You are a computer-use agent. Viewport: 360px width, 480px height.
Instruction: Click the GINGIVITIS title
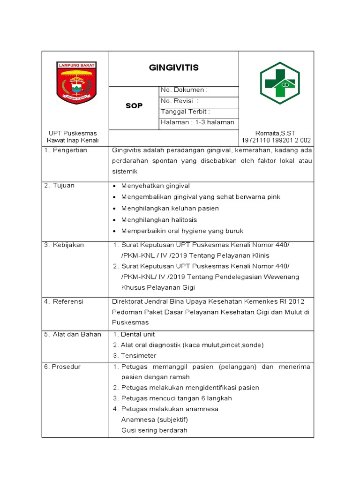[173, 68]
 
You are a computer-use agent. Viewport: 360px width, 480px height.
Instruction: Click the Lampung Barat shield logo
[76, 82]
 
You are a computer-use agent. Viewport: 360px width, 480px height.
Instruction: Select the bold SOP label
[134, 106]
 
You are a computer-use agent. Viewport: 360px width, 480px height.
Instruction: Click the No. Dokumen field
[184, 90]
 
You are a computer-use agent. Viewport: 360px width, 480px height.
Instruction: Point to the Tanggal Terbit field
[185, 112]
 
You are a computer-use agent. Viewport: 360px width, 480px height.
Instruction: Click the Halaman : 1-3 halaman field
[197, 122]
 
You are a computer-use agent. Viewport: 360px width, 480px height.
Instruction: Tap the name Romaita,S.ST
[276, 133]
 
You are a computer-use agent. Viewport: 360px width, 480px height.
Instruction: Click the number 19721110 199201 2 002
[276, 141]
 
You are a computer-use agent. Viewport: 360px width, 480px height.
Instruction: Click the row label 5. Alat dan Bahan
[69, 334]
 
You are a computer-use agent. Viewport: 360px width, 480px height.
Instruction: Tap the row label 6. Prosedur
[62, 367]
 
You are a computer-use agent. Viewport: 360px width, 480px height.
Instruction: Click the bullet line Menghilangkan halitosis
[159, 220]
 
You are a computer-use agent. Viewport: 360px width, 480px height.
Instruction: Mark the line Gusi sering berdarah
[154, 430]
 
